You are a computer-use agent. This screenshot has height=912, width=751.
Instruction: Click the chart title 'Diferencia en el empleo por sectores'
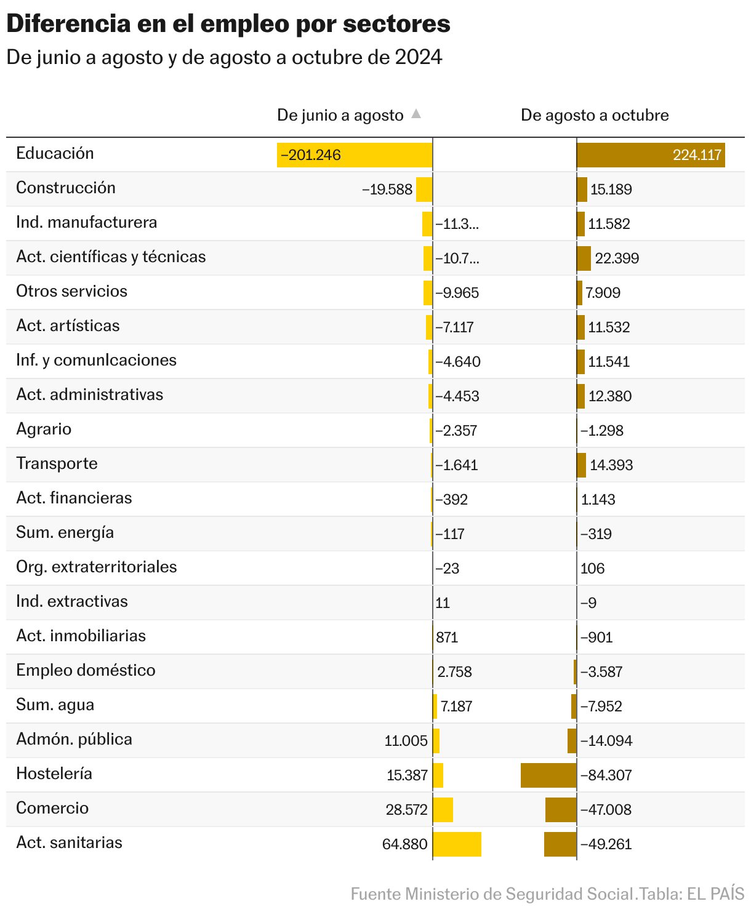[228, 25]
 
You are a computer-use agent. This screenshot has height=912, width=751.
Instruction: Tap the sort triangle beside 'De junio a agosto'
[416, 114]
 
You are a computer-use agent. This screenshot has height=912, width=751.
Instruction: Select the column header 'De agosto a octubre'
[595, 115]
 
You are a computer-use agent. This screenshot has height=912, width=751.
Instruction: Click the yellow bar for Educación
[355, 155]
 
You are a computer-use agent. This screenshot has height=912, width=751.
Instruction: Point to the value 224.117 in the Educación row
[697, 155]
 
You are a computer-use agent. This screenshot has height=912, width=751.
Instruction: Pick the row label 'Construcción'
[66, 188]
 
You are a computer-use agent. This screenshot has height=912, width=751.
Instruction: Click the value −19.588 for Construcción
[387, 190]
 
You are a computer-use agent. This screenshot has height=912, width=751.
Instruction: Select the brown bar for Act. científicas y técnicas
[584, 258]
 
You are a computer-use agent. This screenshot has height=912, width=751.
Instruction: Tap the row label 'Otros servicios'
[72, 291]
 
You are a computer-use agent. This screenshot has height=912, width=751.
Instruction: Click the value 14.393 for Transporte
[611, 465]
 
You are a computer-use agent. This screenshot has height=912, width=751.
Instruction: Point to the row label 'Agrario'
[44, 429]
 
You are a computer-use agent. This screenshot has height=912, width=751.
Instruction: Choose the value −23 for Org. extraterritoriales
[448, 569]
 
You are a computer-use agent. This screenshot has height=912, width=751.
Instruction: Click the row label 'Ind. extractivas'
[72, 601]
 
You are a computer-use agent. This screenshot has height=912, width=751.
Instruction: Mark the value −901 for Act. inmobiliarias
[596, 638]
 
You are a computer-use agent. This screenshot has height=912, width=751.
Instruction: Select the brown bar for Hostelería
[548, 775]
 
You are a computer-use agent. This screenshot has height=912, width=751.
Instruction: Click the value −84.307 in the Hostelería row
[606, 775]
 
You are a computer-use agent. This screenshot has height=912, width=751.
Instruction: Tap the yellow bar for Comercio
[443, 810]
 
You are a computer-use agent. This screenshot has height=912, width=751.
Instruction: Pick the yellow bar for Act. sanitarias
[457, 844]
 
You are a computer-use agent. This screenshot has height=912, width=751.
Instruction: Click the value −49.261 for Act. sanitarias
[606, 844]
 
